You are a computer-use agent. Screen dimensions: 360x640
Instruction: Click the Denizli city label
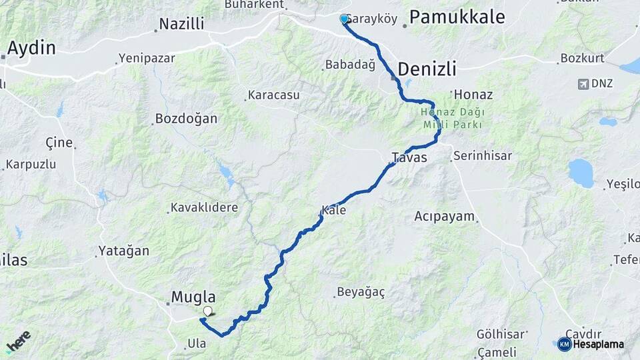point(427,69)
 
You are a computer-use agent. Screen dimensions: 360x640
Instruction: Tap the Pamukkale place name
point(457,17)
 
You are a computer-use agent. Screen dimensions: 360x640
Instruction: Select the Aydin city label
point(31,48)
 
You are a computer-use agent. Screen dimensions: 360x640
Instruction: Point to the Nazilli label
point(181,25)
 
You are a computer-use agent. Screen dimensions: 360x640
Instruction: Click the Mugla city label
point(193,297)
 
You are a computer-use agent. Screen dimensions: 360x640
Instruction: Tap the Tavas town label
point(409,157)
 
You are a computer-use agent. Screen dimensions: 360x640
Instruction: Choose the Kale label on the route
point(334,210)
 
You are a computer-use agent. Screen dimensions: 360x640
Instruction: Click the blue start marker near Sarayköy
point(344,19)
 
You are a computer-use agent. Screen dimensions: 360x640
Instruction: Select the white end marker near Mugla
point(208,311)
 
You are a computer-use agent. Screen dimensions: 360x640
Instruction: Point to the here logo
point(19,342)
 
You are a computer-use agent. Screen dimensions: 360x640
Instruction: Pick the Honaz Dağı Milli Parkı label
point(451,119)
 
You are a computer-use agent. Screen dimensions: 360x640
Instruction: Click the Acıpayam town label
point(444,216)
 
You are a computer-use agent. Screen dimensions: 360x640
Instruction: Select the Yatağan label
point(124,251)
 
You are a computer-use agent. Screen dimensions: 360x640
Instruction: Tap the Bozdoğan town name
point(186,119)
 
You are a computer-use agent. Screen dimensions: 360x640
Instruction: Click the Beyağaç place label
point(361,292)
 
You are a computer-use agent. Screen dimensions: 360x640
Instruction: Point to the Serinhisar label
point(482,156)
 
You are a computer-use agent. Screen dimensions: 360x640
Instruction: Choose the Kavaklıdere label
point(204,207)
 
